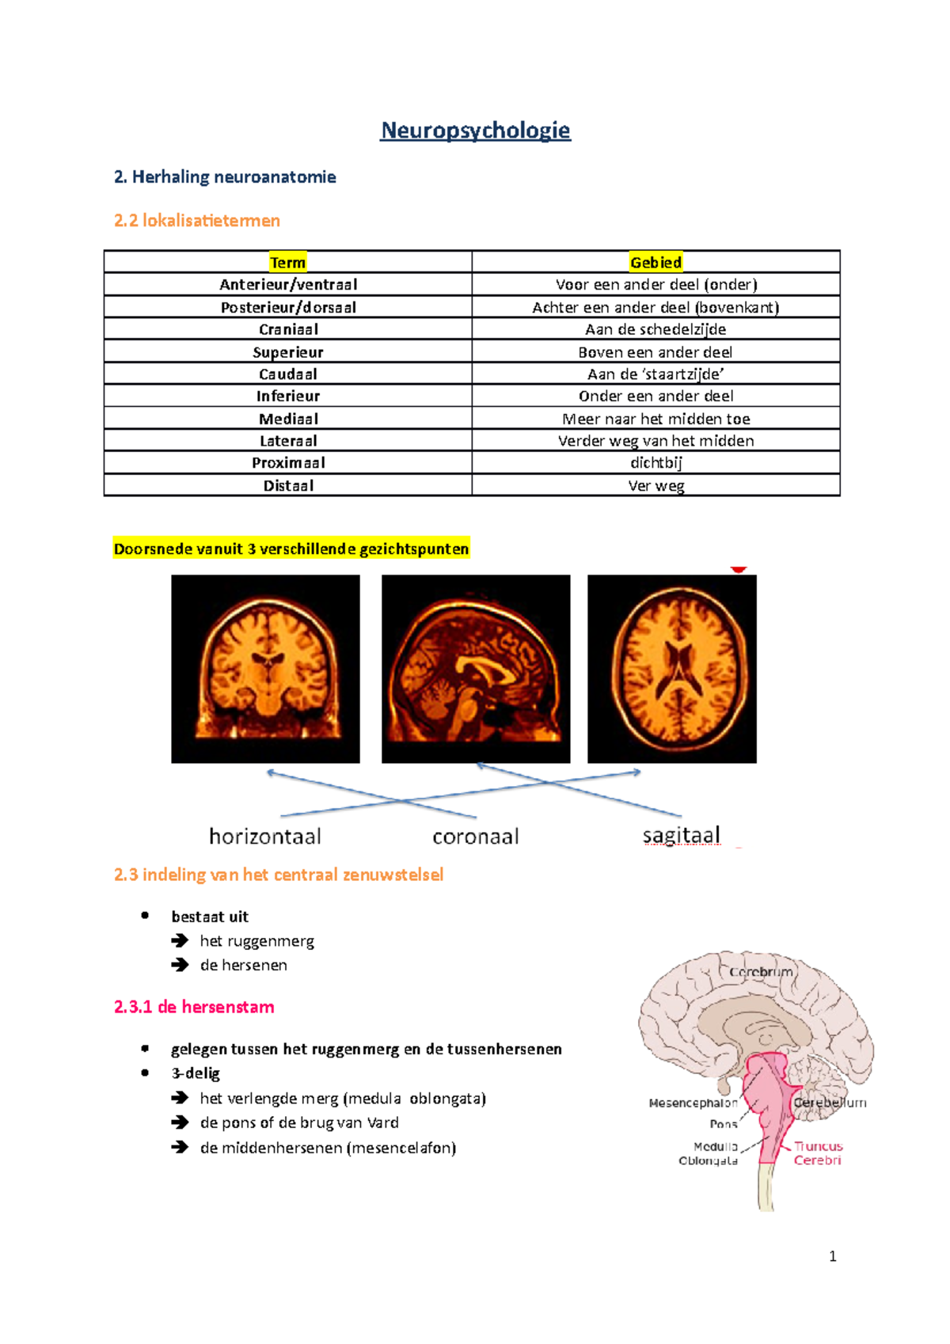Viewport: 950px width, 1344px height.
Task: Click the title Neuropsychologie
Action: coord(475,131)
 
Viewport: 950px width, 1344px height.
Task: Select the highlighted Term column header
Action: coord(287,263)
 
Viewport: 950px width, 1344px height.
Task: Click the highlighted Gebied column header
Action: coord(655,263)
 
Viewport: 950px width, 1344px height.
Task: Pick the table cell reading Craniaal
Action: coord(288,329)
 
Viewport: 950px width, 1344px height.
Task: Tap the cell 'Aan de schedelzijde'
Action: coord(655,329)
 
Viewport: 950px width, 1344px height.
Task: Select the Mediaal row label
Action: coord(288,419)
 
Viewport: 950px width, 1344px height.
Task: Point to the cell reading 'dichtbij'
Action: coord(655,463)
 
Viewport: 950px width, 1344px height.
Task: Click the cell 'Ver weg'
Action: coord(655,486)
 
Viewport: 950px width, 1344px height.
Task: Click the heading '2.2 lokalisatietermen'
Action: coord(197,221)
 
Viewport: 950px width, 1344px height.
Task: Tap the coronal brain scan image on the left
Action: coord(265,669)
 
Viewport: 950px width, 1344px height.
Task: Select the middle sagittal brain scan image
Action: coord(476,669)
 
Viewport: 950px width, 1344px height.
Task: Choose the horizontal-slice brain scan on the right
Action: coord(671,669)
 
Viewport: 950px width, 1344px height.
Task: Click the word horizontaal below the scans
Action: coord(265,837)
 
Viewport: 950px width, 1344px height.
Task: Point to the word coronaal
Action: coord(476,837)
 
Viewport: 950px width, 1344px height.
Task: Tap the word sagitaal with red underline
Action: coord(681,835)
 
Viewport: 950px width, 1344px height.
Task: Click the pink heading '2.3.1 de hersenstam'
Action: coord(194,1007)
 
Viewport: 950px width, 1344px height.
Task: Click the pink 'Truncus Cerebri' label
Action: coord(818,1153)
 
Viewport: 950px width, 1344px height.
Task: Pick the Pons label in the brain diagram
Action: coord(723,1124)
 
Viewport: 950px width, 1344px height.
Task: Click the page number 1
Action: coord(832,1256)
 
